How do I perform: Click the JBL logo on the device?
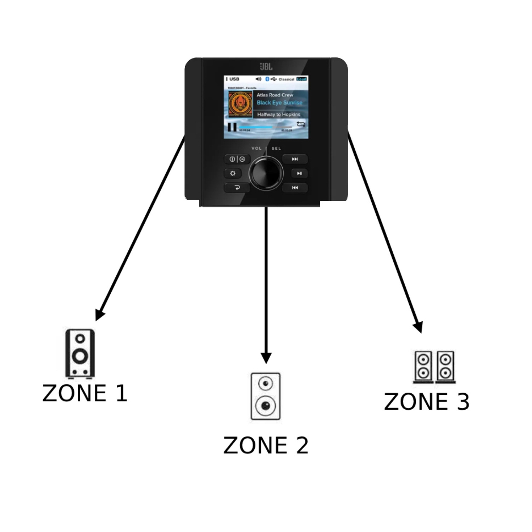(x=266, y=67)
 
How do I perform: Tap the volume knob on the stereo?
(x=266, y=173)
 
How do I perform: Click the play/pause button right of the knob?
(x=299, y=173)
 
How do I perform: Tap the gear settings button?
(x=233, y=173)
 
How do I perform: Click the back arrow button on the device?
(x=237, y=188)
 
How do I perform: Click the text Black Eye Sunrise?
(x=279, y=103)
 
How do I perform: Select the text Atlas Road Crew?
(x=275, y=95)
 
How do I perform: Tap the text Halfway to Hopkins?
(x=278, y=115)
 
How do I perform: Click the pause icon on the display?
(x=232, y=127)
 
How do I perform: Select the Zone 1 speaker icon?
(x=80, y=353)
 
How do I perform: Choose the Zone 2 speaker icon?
(x=266, y=396)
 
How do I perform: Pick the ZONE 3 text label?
(x=427, y=401)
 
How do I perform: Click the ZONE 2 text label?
(x=266, y=445)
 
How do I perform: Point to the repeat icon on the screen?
(x=301, y=124)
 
